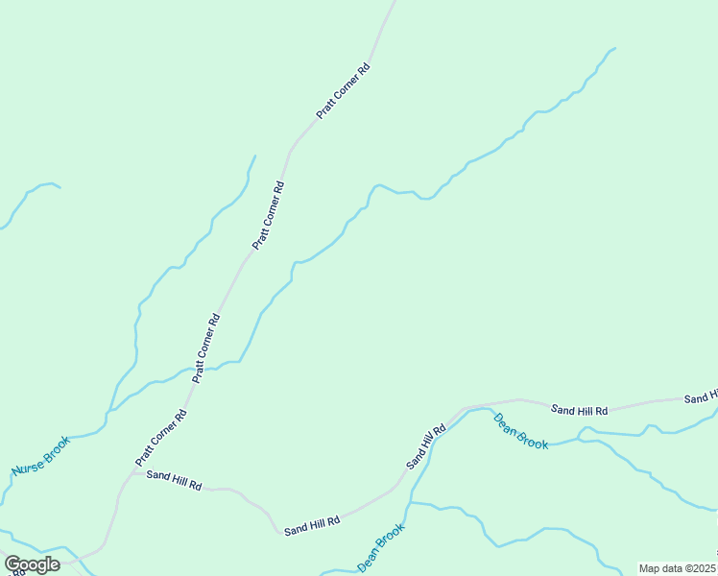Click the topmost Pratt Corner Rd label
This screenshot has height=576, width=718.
(x=344, y=91)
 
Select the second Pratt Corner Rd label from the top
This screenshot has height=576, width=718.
(x=268, y=216)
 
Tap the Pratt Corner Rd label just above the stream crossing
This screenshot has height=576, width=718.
(x=207, y=348)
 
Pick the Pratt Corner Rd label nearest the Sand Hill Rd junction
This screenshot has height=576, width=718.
(x=161, y=436)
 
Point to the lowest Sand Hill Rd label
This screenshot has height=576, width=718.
(x=312, y=524)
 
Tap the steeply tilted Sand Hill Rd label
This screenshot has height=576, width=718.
(x=426, y=446)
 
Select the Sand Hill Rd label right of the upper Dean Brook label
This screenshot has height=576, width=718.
(x=580, y=410)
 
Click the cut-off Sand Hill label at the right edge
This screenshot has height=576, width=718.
(x=701, y=397)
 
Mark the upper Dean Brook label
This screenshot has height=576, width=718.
(x=520, y=432)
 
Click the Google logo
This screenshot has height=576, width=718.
(x=32, y=564)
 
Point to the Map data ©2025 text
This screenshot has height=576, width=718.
(x=678, y=568)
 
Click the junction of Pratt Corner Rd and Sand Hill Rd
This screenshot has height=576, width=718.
(x=132, y=471)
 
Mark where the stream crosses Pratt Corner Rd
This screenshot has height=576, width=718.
(x=203, y=368)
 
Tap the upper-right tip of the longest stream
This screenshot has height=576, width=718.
(x=615, y=48)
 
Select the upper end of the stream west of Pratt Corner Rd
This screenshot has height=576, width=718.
(x=255, y=156)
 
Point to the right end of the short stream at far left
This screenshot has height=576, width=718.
(x=60, y=187)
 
